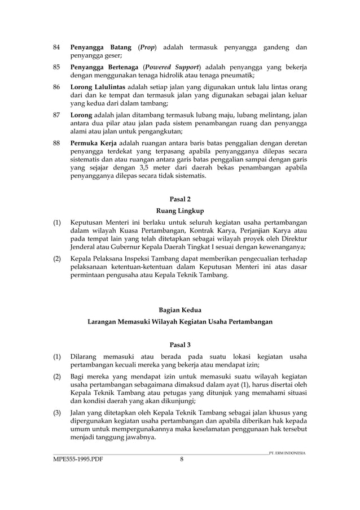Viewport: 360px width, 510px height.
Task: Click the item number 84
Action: click(56, 47)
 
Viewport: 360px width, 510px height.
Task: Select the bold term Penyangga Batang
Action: click(100, 47)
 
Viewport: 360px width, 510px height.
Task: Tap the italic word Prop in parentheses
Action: click(147, 47)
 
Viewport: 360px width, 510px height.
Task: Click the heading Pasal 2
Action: click(181, 198)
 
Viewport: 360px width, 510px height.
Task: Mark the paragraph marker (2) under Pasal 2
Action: click(58, 259)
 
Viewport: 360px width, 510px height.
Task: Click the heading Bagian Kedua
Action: click(181, 309)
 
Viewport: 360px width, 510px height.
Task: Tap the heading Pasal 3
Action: click(181, 345)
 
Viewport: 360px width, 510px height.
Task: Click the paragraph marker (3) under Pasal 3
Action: click(58, 413)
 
